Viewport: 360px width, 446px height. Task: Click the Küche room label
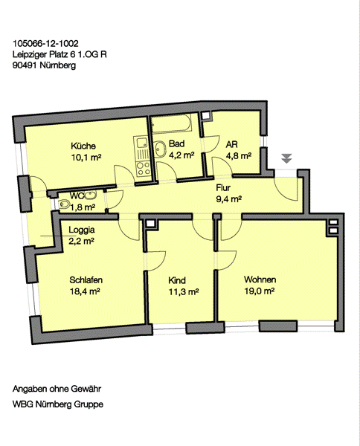(83, 146)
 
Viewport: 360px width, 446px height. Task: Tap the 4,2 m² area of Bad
(181, 155)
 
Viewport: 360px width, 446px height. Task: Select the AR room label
(231, 144)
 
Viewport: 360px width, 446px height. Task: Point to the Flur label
(223, 188)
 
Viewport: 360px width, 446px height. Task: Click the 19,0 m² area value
(260, 291)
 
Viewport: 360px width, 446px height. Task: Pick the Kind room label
(177, 280)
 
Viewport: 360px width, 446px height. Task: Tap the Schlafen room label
(86, 280)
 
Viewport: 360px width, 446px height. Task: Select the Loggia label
(82, 230)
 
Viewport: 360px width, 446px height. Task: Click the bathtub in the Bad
(171, 123)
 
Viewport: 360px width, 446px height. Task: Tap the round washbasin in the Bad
(160, 149)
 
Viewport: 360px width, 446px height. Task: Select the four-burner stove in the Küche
(143, 169)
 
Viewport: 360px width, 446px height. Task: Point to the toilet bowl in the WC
(64, 204)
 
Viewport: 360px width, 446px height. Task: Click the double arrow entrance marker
(286, 158)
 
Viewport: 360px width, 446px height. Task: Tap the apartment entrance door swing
(286, 188)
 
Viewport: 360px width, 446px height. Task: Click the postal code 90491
(25, 65)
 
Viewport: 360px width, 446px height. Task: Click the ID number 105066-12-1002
(45, 44)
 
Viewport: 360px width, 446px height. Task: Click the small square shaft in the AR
(205, 115)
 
